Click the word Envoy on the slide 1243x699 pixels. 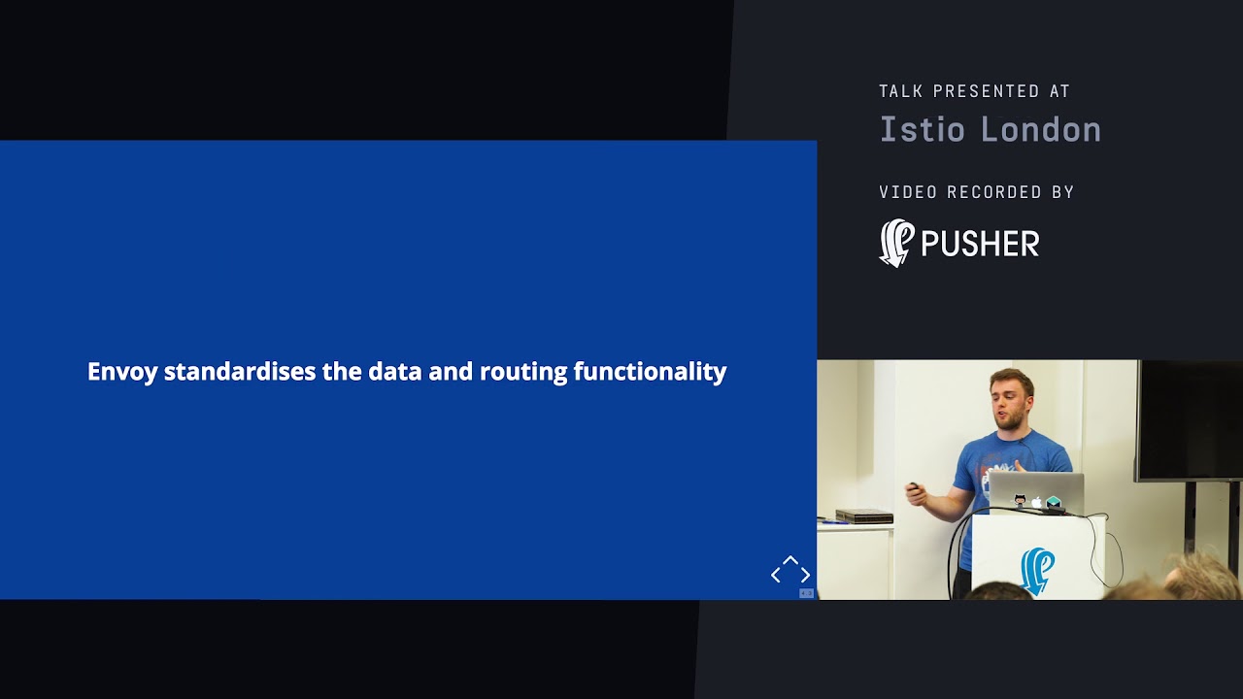[122, 372]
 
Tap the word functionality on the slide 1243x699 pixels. [650, 372]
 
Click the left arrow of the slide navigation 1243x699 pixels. [776, 576]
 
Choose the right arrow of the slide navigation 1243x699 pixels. [805, 576]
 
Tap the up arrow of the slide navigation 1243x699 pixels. [790, 561]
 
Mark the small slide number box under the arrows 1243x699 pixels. [806, 593]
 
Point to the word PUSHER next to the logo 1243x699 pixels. [979, 244]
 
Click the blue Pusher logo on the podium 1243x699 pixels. [1037, 569]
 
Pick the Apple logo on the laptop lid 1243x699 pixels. [1036, 502]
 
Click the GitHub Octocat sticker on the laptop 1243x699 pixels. [1020, 500]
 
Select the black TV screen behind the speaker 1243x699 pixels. [1190, 419]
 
